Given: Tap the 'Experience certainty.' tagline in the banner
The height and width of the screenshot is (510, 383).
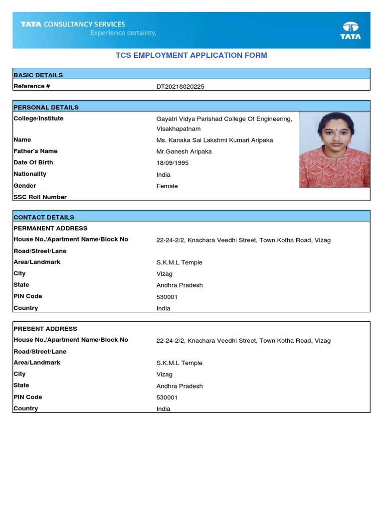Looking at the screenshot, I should tap(123, 33).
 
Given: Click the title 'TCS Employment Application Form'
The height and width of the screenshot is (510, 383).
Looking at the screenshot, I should tap(191, 55).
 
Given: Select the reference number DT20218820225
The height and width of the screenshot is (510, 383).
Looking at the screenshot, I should tap(180, 87).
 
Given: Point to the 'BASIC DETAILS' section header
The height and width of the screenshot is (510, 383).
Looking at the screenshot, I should tap(38, 75).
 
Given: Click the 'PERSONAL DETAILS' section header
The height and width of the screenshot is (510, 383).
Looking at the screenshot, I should tap(46, 107).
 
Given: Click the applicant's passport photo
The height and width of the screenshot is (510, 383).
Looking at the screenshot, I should tap(334, 149).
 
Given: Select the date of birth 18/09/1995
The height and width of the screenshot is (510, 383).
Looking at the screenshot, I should tap(173, 163).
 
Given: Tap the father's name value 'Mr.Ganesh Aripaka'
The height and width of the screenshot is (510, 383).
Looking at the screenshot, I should tap(184, 151).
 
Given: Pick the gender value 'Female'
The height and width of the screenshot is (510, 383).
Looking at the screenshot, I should tap(167, 186).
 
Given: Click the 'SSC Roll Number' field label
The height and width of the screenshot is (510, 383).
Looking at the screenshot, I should tap(40, 197).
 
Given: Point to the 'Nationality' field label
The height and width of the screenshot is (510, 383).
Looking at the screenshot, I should tap(30, 174).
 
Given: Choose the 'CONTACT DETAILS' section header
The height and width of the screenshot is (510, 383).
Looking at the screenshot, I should tap(44, 217).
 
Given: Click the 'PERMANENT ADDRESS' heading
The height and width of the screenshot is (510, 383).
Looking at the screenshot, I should tap(50, 228).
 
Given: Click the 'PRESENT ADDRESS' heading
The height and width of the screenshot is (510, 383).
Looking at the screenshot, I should tap(45, 329).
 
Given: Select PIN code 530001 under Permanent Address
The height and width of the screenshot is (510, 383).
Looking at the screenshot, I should tap(167, 297).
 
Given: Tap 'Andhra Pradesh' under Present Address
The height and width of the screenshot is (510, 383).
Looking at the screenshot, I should tap(180, 386).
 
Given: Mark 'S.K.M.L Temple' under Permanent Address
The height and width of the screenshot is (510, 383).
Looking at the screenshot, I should tap(180, 262).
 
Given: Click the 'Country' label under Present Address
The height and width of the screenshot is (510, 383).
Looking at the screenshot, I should tap(26, 408).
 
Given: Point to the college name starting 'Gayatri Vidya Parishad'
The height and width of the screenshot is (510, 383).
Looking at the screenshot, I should tap(224, 119).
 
